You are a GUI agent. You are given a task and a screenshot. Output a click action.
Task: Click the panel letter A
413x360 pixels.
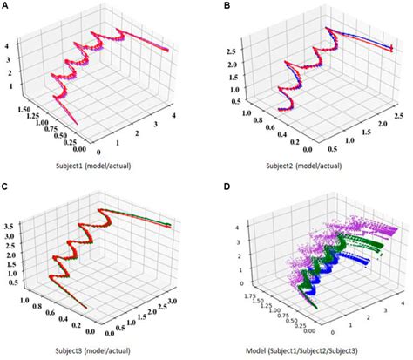tap(6, 7)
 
